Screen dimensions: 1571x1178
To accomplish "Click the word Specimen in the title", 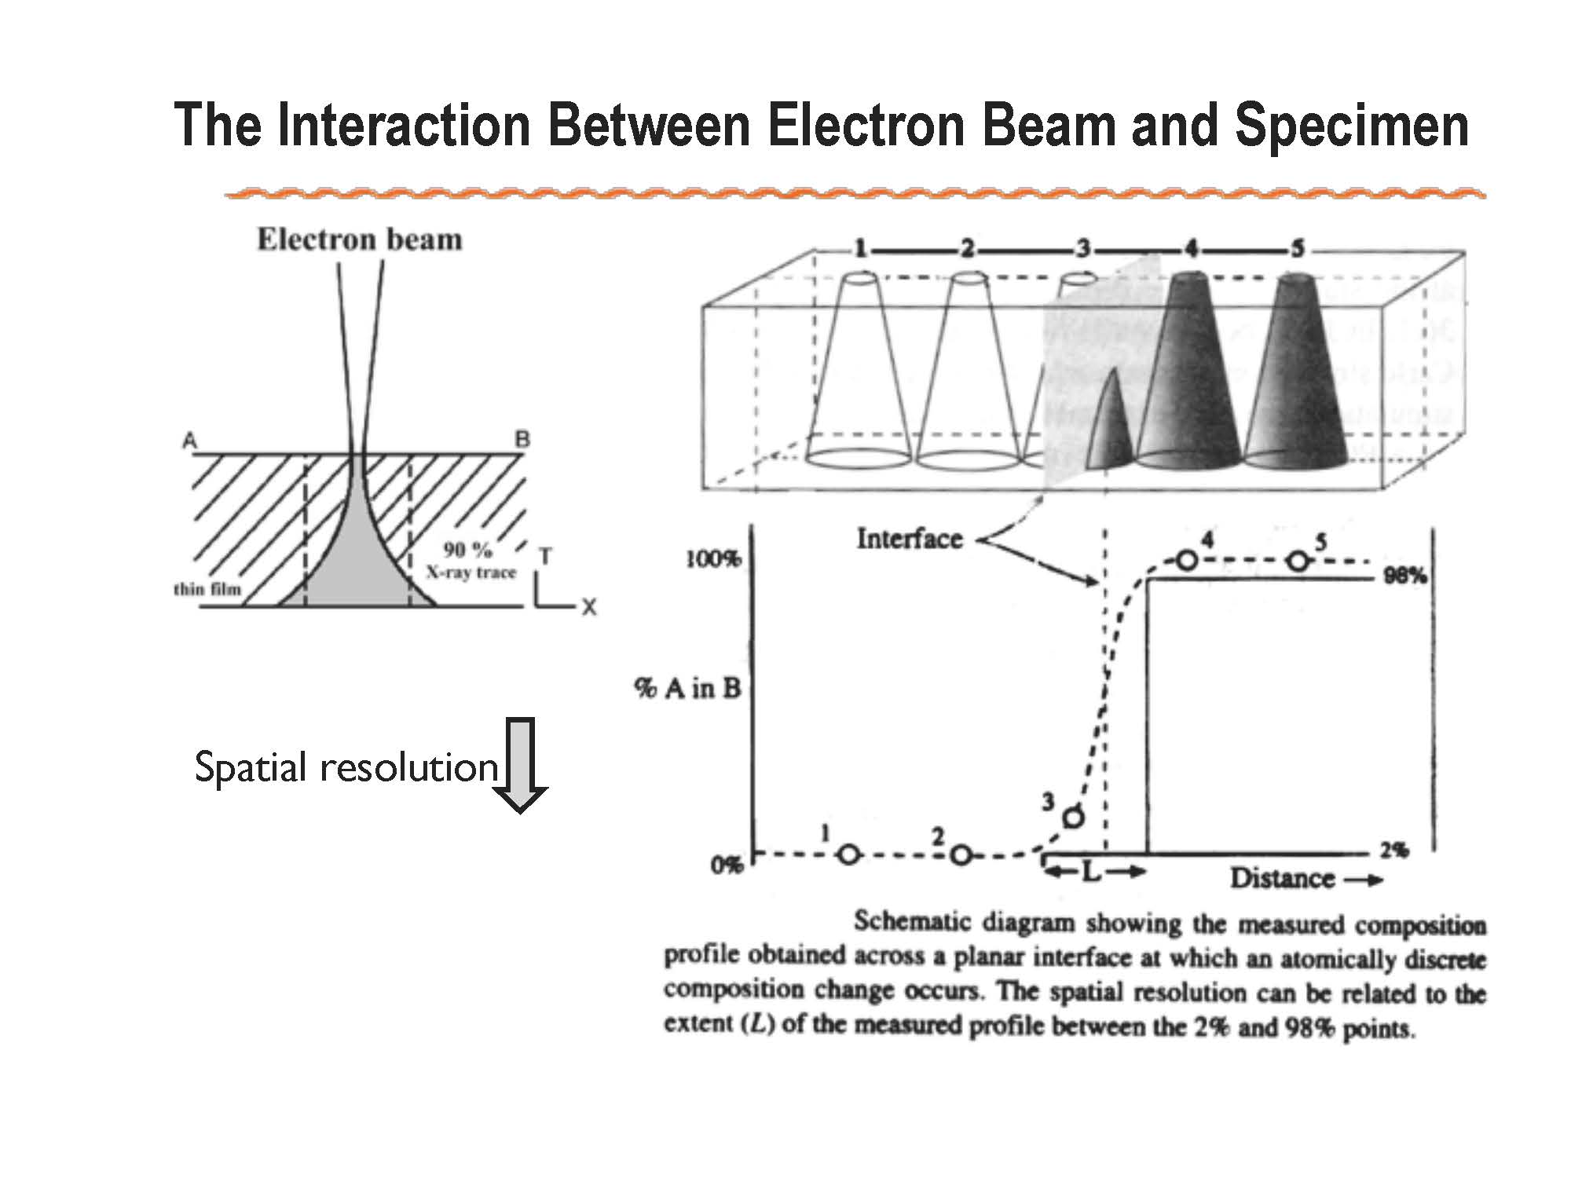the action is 1352,126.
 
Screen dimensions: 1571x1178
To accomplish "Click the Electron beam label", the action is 360,240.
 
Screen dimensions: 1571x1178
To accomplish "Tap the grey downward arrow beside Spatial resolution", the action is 519,764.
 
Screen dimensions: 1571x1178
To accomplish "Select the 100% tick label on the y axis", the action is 712,559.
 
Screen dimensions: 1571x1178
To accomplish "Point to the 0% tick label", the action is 726,865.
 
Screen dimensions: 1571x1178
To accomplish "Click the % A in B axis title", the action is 688,689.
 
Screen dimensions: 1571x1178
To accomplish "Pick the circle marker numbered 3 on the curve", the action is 1073,818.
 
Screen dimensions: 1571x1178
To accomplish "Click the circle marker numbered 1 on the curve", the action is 849,854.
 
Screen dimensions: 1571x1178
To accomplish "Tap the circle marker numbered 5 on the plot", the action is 1299,561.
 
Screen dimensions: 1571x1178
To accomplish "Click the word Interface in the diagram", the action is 910,539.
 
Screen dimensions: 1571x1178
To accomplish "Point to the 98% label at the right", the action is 1405,576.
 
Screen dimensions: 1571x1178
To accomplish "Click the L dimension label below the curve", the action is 1092,871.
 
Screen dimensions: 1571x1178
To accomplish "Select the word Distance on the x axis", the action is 1282,878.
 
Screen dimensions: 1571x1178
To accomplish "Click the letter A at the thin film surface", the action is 190,441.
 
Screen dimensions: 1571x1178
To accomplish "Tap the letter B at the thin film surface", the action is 522,440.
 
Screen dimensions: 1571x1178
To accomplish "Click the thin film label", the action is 207,588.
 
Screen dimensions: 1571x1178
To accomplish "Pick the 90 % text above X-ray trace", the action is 468,550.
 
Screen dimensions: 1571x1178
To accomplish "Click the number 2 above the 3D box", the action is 967,249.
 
